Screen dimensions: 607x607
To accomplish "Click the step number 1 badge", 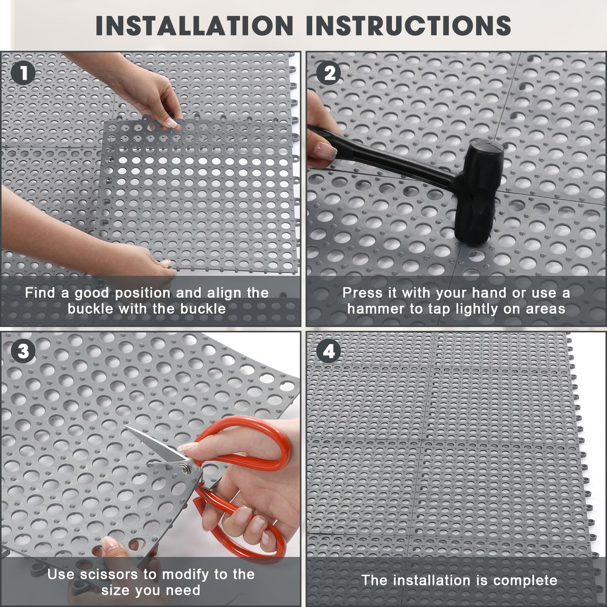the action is tap(23, 73).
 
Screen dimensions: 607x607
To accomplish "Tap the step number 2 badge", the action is tap(329, 73).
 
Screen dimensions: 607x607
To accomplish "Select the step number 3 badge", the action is tap(23, 351).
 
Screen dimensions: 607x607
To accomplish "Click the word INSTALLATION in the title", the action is tap(195, 25).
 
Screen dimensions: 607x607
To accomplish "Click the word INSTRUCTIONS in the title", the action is tap(408, 25).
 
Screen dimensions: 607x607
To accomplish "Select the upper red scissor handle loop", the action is tap(243, 443).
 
